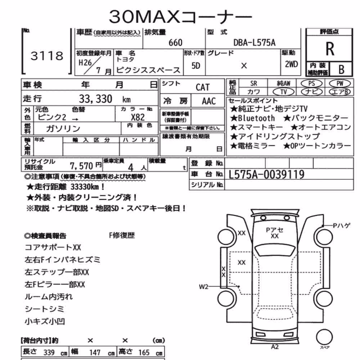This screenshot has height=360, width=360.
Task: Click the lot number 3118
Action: [x=47, y=56]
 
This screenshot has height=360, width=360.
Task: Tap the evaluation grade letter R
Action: [x=330, y=49]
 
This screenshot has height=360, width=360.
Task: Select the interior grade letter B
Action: [x=341, y=69]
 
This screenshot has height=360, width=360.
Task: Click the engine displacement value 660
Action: [x=175, y=43]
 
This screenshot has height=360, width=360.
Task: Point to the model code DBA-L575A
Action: [x=255, y=43]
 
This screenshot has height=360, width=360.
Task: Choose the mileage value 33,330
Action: [x=95, y=99]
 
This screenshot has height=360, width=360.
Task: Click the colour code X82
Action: [x=138, y=117]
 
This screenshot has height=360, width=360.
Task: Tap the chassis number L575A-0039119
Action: [x=266, y=175]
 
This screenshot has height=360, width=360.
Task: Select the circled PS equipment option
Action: [x=311, y=84]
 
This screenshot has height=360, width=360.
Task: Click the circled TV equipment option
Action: [x=284, y=92]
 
